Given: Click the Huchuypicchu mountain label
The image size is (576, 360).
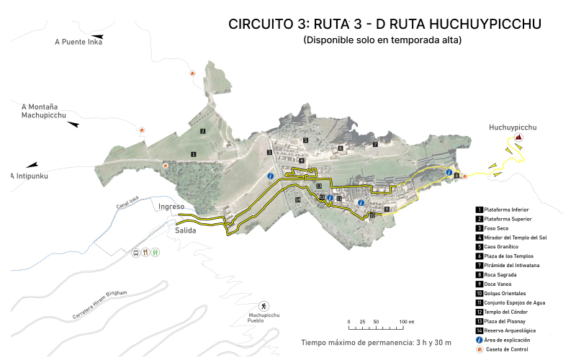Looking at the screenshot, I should pyautogui.click(x=513, y=127).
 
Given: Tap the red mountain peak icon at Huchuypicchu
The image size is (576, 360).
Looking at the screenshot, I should pyautogui.click(x=518, y=138).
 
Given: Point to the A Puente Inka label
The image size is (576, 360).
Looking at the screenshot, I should pyautogui.click(x=78, y=42).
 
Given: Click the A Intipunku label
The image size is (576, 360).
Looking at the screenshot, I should pyautogui.click(x=32, y=176).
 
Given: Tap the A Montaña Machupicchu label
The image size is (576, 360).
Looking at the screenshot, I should pyautogui.click(x=44, y=110).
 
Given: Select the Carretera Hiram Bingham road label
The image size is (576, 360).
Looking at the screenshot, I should pyautogui.click(x=100, y=305).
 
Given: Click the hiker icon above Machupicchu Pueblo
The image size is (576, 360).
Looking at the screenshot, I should pyautogui.click(x=264, y=306).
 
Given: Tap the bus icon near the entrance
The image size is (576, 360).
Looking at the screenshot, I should pyautogui.click(x=135, y=253).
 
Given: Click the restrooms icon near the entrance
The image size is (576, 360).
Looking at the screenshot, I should pyautogui.click(x=156, y=253).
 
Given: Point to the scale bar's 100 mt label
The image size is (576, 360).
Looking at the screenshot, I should pyautogui.click(x=407, y=321).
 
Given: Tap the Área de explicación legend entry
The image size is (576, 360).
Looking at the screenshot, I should pyautogui.click(x=513, y=339).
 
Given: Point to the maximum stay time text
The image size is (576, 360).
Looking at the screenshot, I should pyautogui.click(x=376, y=342).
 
